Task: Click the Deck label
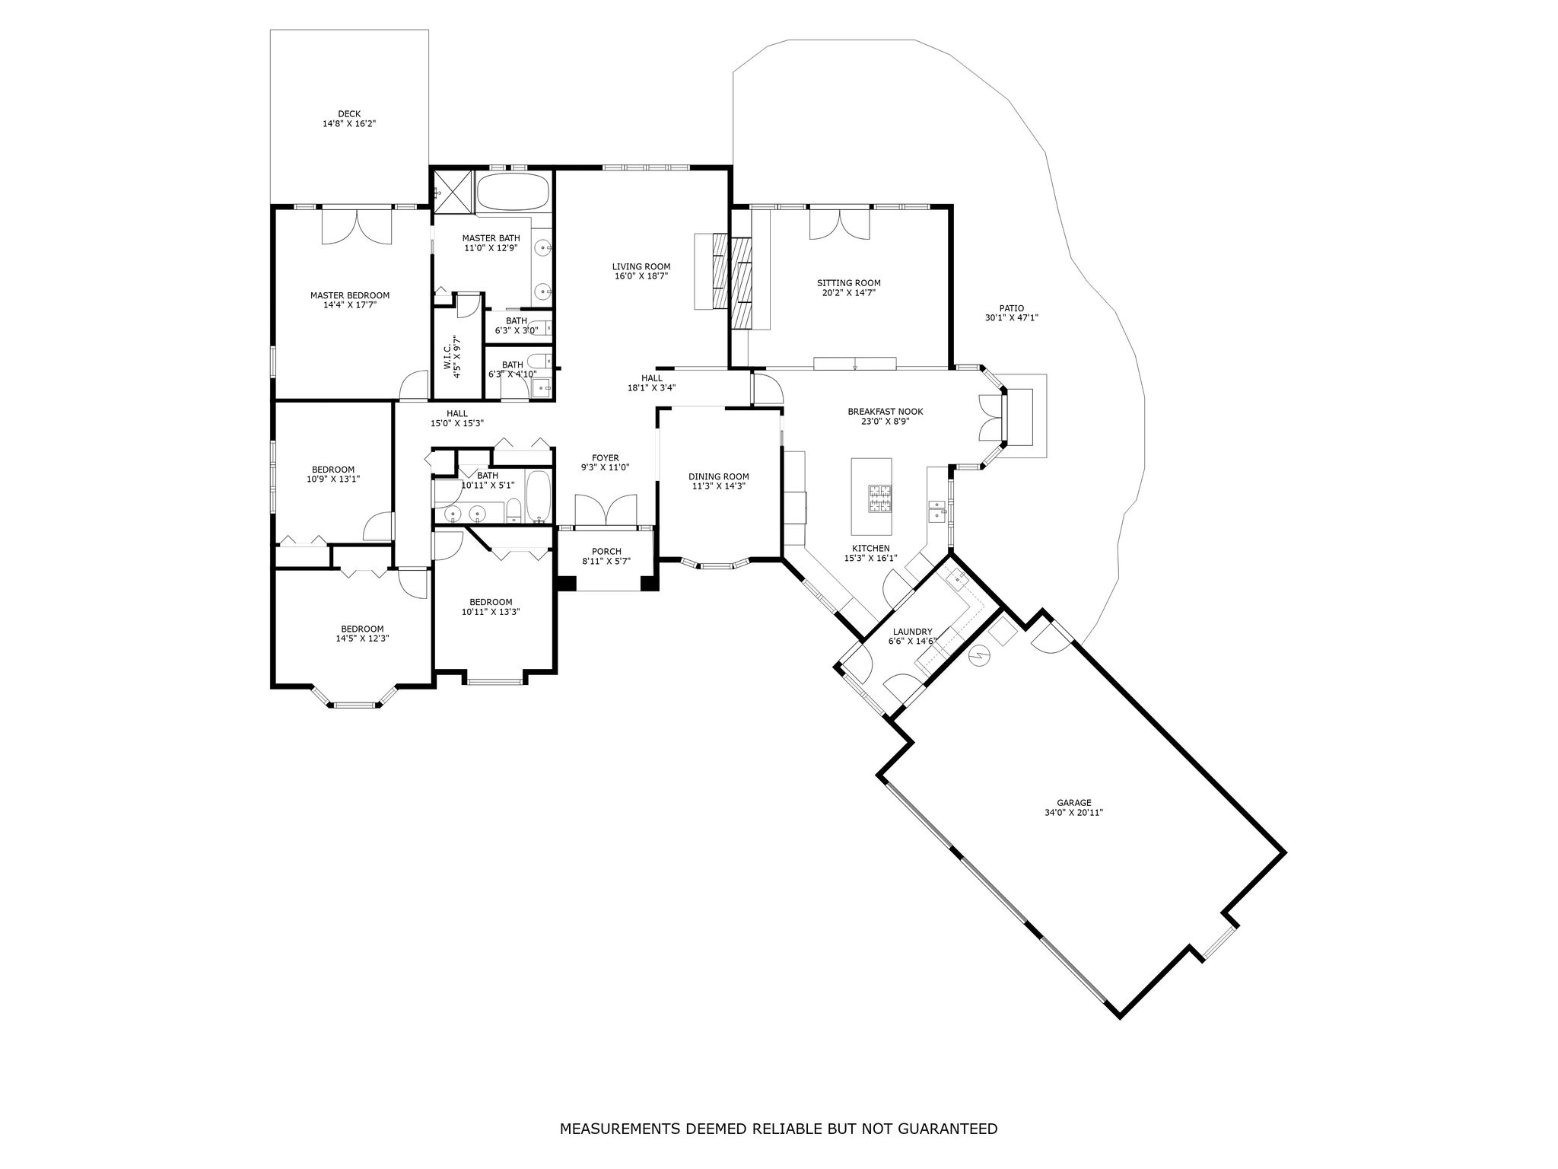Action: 349,114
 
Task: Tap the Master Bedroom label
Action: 349,295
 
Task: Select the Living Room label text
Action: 641,266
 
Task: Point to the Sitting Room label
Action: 849,283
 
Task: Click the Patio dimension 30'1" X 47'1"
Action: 1012,318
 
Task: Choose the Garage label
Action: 1074,802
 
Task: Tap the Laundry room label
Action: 913,632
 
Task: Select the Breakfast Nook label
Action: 885,412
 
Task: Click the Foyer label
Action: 606,458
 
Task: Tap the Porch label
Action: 606,552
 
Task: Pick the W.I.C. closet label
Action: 448,354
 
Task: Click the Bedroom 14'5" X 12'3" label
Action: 362,629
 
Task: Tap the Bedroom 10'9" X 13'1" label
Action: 333,470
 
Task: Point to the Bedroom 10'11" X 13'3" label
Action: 491,602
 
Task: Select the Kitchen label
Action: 870,548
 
